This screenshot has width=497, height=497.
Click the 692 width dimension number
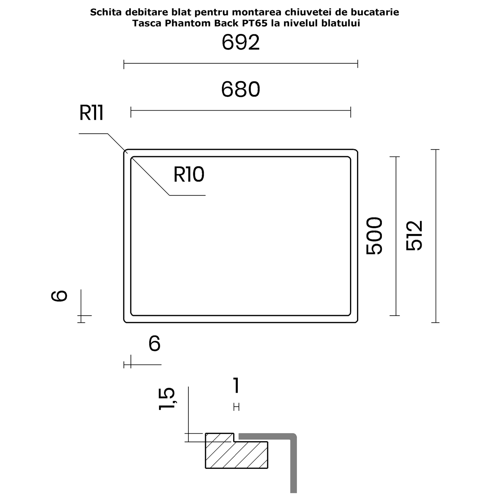(241, 43)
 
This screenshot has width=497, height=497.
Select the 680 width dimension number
(241, 89)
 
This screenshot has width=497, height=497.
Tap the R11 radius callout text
(91, 113)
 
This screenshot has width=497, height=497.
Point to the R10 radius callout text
(189, 174)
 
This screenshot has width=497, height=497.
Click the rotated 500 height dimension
(374, 236)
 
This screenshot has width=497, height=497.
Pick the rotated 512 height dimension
(414, 236)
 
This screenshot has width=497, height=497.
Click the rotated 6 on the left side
(59, 296)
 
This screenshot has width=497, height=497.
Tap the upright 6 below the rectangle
(154, 343)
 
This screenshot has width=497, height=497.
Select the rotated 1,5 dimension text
(167, 399)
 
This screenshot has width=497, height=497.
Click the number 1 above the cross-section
(236, 385)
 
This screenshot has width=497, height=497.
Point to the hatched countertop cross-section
(236, 454)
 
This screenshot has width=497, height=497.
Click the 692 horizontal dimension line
(241, 63)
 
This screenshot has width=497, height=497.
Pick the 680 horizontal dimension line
(241, 111)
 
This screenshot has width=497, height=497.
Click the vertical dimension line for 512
(436, 236)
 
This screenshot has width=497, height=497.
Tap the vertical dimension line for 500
(396, 236)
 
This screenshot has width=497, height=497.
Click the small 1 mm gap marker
(236, 407)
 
